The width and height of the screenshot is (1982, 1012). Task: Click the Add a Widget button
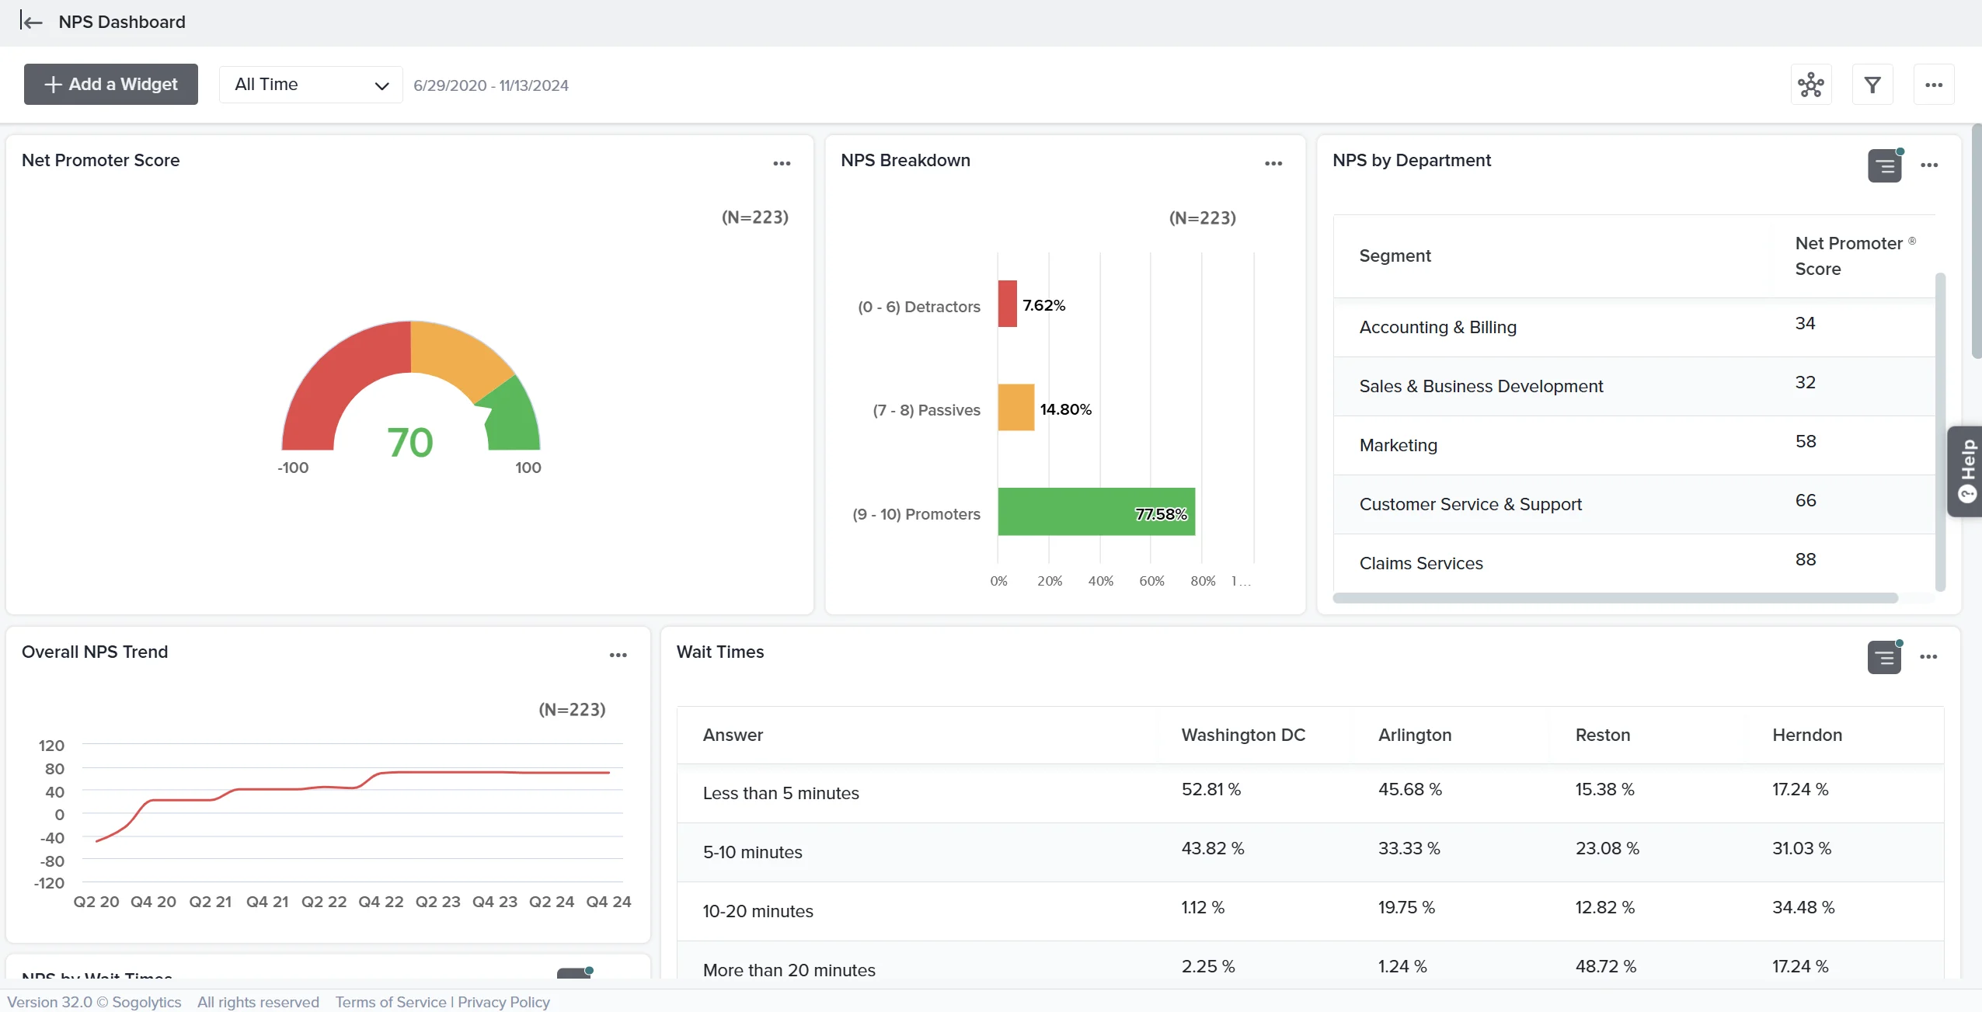pyautogui.click(x=110, y=84)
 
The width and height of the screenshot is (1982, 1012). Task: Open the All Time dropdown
pyautogui.click(x=311, y=85)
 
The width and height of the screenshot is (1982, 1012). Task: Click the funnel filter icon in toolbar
pyautogui.click(x=1872, y=85)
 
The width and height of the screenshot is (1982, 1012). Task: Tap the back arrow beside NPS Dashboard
pyautogui.click(x=31, y=22)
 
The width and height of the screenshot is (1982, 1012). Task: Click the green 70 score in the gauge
pyautogui.click(x=409, y=443)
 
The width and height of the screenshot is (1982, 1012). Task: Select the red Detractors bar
pyautogui.click(x=1007, y=304)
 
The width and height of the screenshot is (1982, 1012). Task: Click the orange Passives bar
pyautogui.click(x=1015, y=407)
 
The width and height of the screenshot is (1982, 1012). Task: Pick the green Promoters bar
pyautogui.click(x=1095, y=512)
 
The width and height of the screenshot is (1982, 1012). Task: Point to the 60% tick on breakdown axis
pyautogui.click(x=1151, y=581)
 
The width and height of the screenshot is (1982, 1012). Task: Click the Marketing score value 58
pyautogui.click(x=1806, y=442)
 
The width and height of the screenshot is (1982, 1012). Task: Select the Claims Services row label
pyautogui.click(x=1421, y=563)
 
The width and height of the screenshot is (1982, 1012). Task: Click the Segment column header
pyautogui.click(x=1395, y=256)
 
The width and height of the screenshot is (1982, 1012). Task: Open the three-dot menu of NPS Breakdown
pyautogui.click(x=1273, y=163)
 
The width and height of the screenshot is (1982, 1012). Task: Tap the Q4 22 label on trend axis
pyautogui.click(x=381, y=902)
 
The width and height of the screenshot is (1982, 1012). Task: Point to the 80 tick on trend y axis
pyautogui.click(x=54, y=769)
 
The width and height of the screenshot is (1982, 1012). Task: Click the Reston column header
pyautogui.click(x=1602, y=735)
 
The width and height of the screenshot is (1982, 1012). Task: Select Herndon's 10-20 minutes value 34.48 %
pyautogui.click(x=1803, y=907)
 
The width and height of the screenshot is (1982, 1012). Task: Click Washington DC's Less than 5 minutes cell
pyautogui.click(x=1210, y=789)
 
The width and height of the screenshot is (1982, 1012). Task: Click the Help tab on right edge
pyautogui.click(x=1966, y=471)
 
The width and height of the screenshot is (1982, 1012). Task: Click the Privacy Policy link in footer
pyautogui.click(x=503, y=1002)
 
